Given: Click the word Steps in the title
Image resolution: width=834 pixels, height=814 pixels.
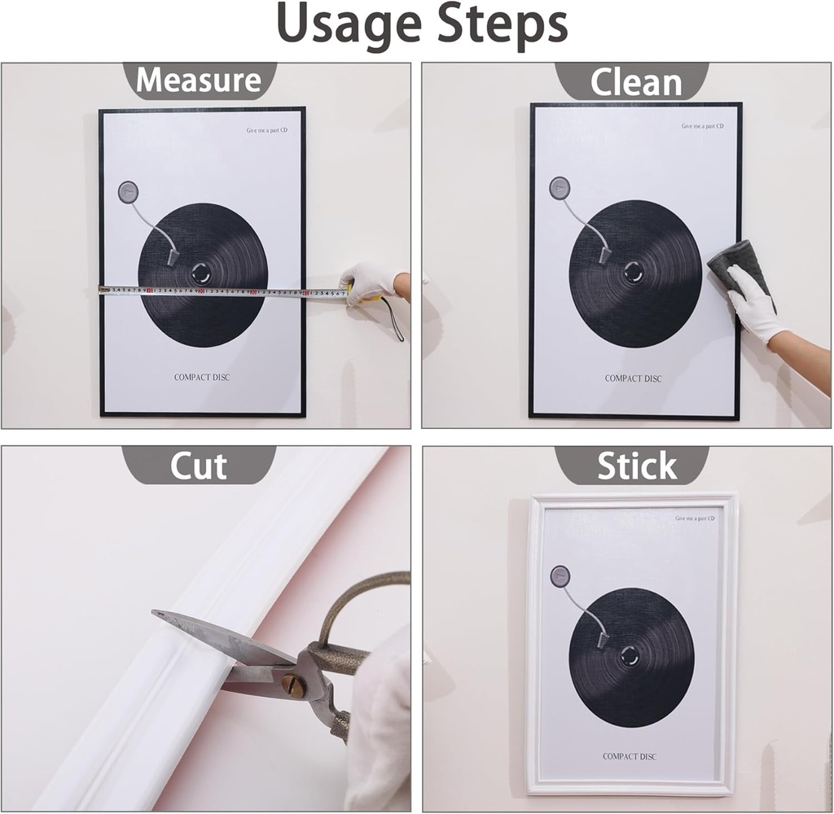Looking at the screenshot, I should click(502, 24).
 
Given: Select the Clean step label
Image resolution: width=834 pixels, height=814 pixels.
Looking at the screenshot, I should click(635, 82).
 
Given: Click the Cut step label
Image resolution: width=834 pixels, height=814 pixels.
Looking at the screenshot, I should click(198, 466).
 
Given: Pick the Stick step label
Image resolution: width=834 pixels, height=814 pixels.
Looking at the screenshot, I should click(636, 466).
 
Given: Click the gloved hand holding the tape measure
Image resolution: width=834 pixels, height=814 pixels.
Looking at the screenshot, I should click(367, 282).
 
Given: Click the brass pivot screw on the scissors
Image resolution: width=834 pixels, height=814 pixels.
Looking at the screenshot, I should click(293, 686).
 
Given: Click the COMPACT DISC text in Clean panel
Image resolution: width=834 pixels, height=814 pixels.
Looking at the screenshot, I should click(633, 379).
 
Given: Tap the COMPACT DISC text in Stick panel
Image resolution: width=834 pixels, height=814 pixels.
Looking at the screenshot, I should click(630, 756).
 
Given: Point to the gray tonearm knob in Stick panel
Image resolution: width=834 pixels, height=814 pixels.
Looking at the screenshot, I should click(560, 576).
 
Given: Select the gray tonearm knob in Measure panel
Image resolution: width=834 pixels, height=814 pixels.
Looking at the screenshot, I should click(128, 192).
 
